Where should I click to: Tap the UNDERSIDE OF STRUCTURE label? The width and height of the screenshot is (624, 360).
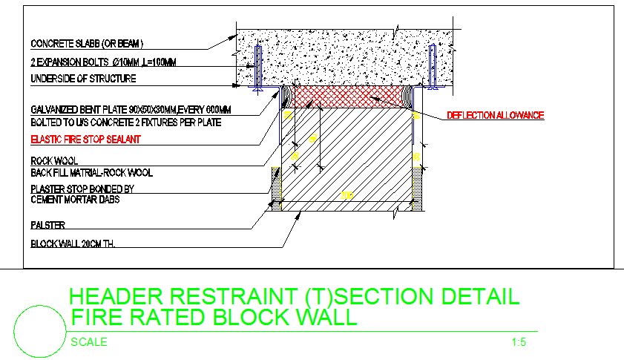[83, 79]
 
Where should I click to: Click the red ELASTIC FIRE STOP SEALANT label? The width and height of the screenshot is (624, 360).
[85, 139]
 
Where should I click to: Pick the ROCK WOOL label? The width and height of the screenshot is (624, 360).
[54, 160]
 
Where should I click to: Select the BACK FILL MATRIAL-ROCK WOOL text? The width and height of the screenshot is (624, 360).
[91, 173]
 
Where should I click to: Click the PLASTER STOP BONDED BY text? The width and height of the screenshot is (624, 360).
[82, 189]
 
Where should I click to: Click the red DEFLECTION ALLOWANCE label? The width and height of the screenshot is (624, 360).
[495, 115]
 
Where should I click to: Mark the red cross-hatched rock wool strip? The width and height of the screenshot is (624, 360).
[349, 96]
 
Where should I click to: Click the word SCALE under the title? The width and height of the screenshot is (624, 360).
[88, 342]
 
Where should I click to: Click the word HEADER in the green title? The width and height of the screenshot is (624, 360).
[118, 297]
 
